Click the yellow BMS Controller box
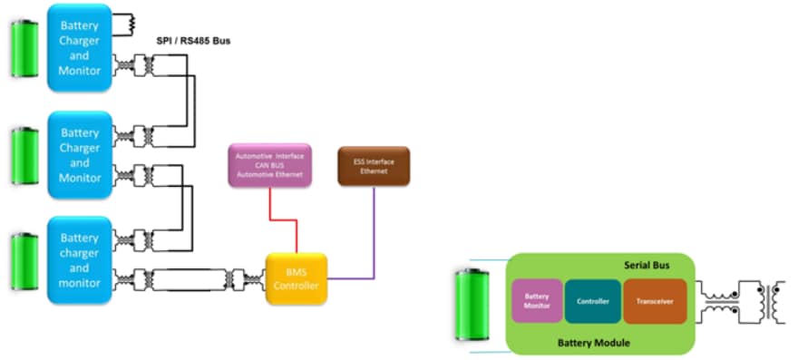point(296,278)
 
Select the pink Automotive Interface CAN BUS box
point(269,165)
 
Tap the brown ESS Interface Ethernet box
point(373,166)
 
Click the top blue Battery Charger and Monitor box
point(80,47)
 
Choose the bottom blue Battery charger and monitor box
point(80,259)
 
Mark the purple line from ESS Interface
point(373,236)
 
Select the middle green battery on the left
point(24,157)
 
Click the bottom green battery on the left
point(24,262)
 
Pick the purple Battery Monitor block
point(536,301)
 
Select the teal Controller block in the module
point(592,301)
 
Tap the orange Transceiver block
point(654,301)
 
